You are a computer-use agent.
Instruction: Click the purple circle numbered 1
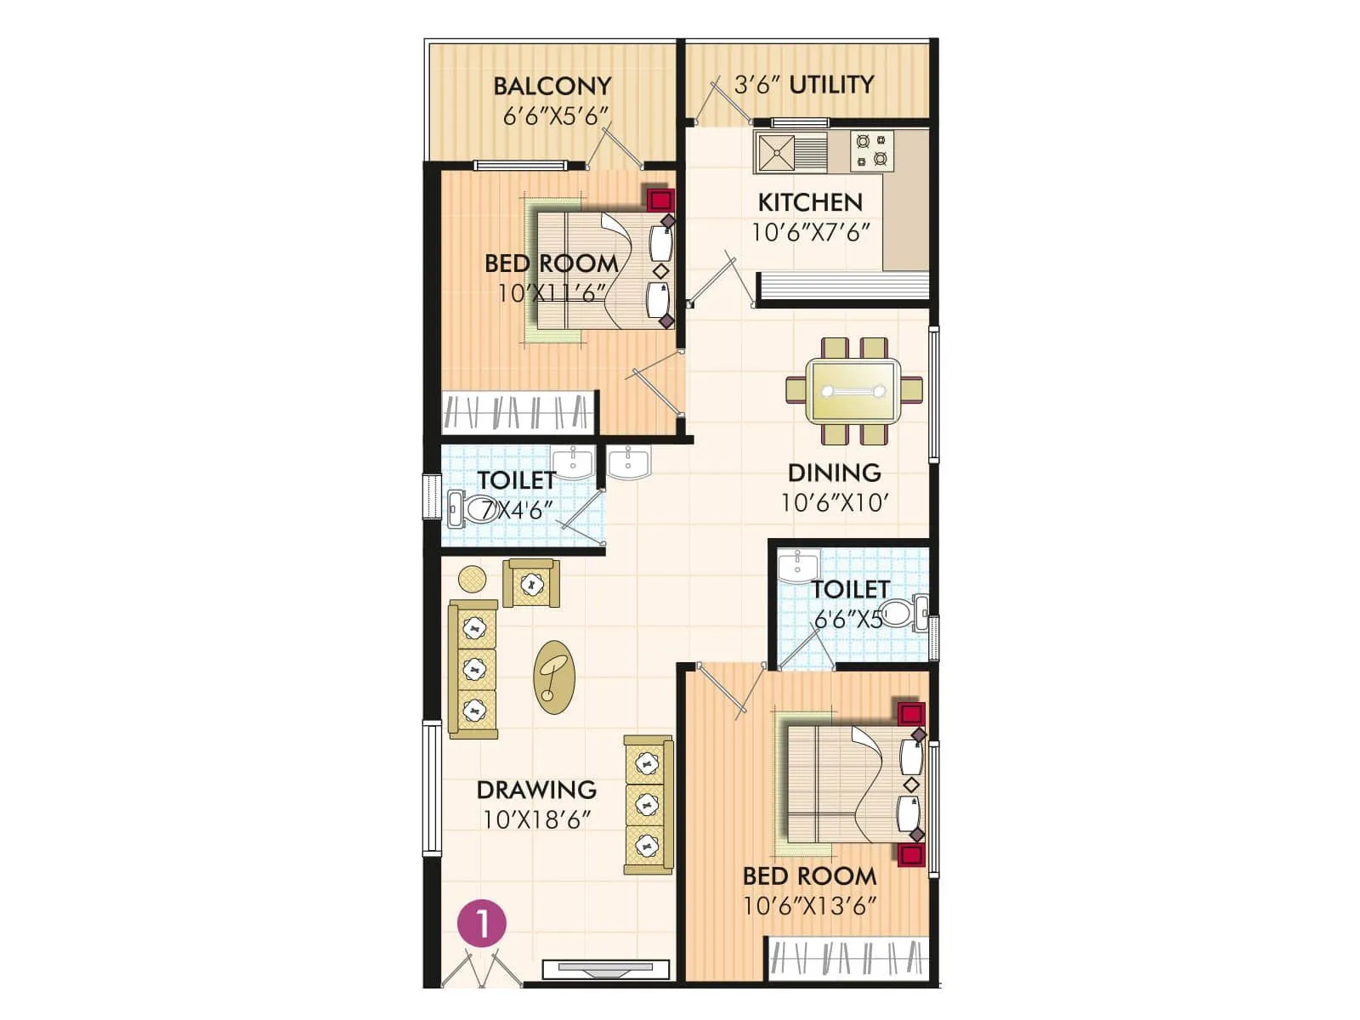[482, 924]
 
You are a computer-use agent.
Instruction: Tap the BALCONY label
[552, 87]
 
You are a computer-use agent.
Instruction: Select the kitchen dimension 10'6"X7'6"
[810, 232]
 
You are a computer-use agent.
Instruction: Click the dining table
[853, 391]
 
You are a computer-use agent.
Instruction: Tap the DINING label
[834, 473]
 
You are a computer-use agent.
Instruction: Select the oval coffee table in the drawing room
[554, 677]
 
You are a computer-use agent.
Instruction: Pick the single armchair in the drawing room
[531, 583]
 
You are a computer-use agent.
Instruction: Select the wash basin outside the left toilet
[628, 463]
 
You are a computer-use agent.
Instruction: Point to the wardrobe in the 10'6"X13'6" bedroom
[847, 958]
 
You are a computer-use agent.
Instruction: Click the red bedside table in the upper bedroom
[660, 201]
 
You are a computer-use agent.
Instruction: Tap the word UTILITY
[830, 85]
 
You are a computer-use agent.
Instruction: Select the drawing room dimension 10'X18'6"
[536, 820]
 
